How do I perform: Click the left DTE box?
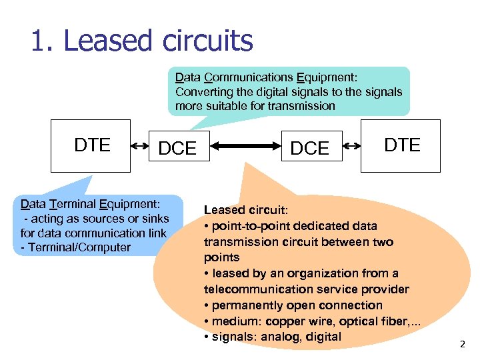(92, 146)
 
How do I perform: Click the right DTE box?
(401, 146)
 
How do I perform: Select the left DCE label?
(177, 149)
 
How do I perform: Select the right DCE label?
(310, 149)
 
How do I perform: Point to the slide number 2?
(462, 345)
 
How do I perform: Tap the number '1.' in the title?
(43, 41)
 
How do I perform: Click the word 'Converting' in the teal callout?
(201, 92)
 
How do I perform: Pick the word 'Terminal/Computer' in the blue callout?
(76, 247)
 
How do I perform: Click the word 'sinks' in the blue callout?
(154, 219)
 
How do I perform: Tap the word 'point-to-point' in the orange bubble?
(245, 226)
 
